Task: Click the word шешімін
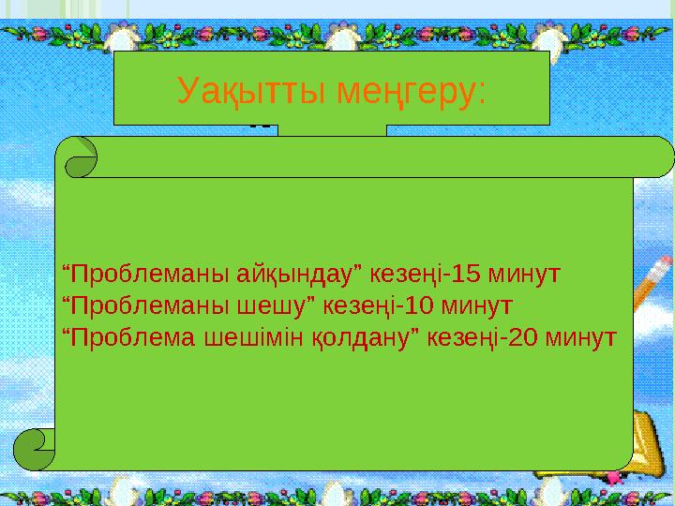pos(239,336)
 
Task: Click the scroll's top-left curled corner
pos(81,157)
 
